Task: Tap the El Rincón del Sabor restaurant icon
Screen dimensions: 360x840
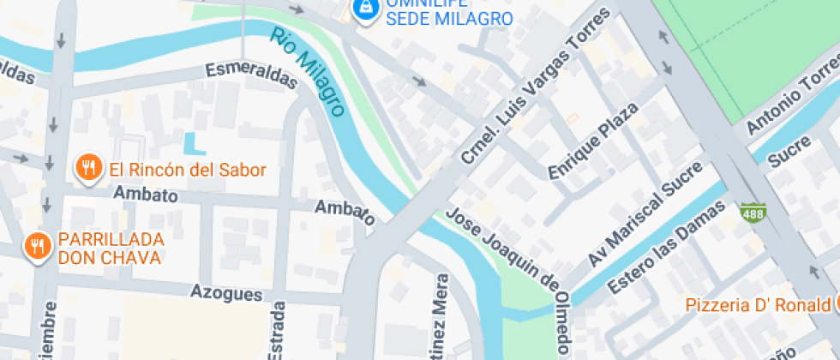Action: pyautogui.click(x=87, y=169)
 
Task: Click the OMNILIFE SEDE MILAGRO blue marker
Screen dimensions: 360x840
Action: pyautogui.click(x=366, y=9)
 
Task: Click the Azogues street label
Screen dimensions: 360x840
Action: pyautogui.click(x=226, y=293)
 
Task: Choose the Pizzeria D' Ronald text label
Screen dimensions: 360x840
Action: pyautogui.click(x=757, y=304)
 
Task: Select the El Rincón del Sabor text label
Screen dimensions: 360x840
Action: pyautogui.click(x=187, y=170)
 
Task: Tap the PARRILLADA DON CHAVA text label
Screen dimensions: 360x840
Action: pyautogui.click(x=109, y=248)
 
